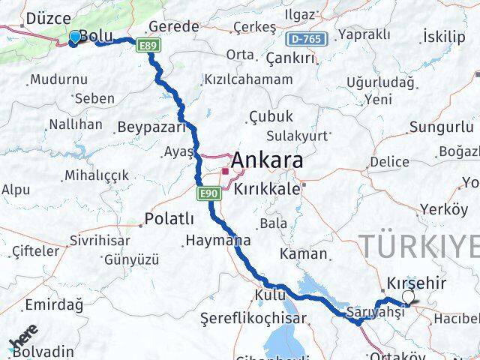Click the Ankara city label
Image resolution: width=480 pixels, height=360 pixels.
[267, 161]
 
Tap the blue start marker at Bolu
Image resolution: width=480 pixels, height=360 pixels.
[75, 37]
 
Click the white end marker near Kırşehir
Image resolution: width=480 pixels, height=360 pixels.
[408, 298]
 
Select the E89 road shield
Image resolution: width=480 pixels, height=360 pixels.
[148, 46]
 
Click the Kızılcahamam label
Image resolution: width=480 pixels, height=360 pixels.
[248, 79]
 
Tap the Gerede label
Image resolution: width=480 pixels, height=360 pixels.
[175, 26]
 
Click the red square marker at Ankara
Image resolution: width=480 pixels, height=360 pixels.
[225, 172]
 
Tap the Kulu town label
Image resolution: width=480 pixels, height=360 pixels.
[271, 295]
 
